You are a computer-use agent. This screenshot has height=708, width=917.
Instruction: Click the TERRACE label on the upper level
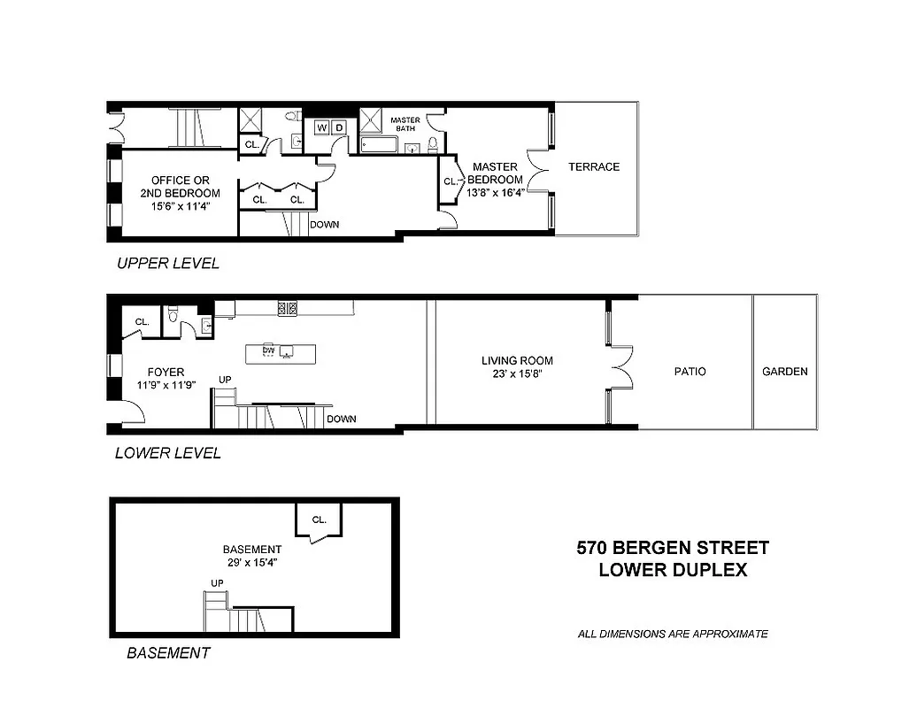pyautogui.click(x=594, y=166)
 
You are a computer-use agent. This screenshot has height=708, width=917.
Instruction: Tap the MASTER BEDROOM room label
pyautogui.click(x=495, y=173)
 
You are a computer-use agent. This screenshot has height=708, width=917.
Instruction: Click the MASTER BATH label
pyautogui.click(x=405, y=125)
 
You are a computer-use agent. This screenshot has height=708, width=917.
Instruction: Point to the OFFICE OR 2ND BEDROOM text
pyautogui.click(x=180, y=186)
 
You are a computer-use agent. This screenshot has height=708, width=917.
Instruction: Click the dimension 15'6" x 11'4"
pyautogui.click(x=180, y=207)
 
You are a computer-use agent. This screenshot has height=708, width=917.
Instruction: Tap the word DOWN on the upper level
pyautogui.click(x=324, y=225)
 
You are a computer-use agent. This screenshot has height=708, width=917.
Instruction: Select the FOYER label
pyautogui.click(x=166, y=372)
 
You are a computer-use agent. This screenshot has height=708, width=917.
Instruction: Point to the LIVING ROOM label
pyautogui.click(x=517, y=360)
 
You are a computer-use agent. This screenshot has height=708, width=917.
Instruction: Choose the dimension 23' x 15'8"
pyautogui.click(x=517, y=374)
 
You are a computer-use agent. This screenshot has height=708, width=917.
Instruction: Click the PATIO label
pyautogui.click(x=690, y=372)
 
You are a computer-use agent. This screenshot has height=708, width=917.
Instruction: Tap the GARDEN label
pyautogui.click(x=785, y=372)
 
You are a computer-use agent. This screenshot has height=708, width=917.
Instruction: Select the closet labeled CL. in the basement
pyautogui.click(x=320, y=519)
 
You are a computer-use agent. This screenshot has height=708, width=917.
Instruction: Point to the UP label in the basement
pyautogui.click(x=217, y=582)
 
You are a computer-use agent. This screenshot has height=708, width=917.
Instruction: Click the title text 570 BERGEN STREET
pyautogui.click(x=673, y=548)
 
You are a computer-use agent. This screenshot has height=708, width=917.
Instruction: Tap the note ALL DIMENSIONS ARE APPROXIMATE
pyautogui.click(x=673, y=634)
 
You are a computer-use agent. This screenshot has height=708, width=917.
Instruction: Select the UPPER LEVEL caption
pyautogui.click(x=168, y=263)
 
